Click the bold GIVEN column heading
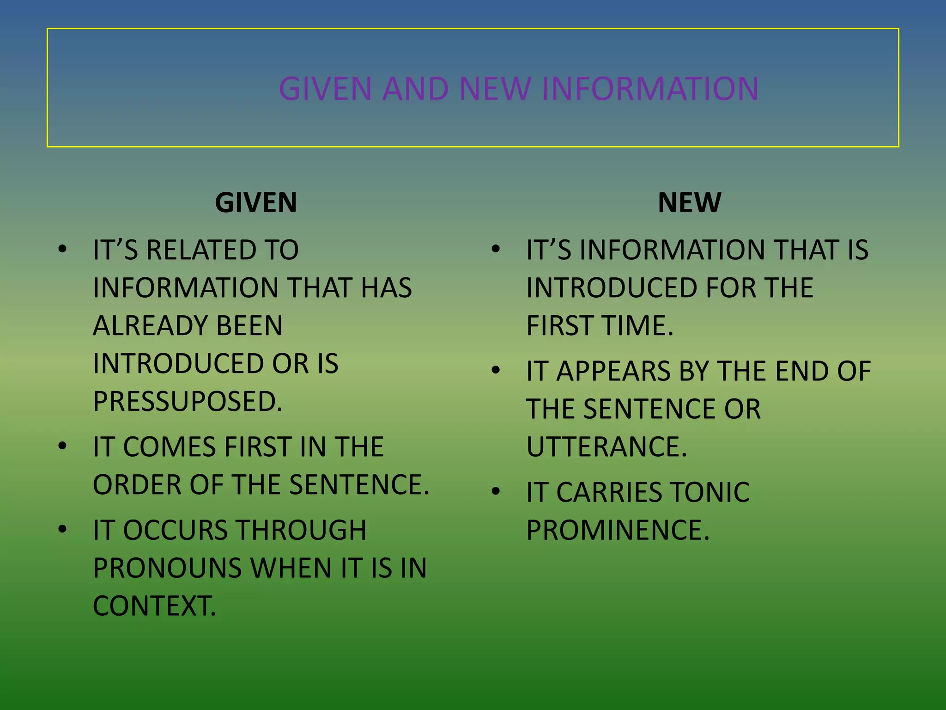(x=256, y=203)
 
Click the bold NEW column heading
(x=689, y=203)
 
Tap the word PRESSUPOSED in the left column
(x=188, y=401)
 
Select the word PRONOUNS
(x=168, y=568)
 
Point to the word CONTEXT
(x=154, y=606)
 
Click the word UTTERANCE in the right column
(x=606, y=447)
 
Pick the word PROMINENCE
(x=618, y=530)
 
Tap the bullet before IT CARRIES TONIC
(x=496, y=491)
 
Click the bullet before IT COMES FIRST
(x=63, y=446)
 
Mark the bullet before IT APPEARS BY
(x=496, y=370)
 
